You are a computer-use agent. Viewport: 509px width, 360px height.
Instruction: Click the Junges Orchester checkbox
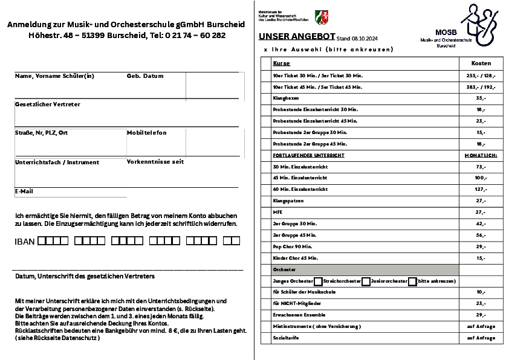pos(318,281)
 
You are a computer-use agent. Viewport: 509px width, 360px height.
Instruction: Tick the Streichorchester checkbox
pos(366,281)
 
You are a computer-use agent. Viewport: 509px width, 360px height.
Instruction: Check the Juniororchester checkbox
pos(412,281)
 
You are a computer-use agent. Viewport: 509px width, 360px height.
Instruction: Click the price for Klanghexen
pos(481,98)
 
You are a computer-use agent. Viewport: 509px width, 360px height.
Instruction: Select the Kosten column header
pos(481,63)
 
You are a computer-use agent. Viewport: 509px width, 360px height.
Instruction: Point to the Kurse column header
pos(282,63)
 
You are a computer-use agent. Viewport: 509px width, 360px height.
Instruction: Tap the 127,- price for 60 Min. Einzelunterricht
pos(481,189)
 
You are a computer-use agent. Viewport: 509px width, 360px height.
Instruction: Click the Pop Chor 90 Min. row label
pos(293,246)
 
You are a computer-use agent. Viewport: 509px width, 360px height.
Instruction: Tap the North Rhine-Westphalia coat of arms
pos(322,16)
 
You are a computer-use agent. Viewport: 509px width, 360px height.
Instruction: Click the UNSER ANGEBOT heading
pos(293,36)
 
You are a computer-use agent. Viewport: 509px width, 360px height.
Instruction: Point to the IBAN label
pos(24,242)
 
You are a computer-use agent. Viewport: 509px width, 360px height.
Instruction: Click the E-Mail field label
pos(24,191)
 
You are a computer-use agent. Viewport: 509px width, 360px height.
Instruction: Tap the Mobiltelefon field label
pos(146,132)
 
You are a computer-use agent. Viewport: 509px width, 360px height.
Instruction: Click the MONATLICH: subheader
pos(481,155)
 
